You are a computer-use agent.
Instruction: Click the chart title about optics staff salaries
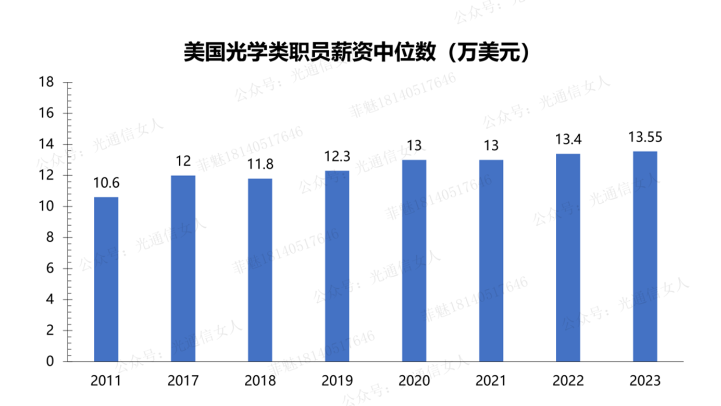coord(357,53)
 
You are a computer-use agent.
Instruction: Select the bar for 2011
coord(106,279)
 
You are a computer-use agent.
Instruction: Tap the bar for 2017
coord(183,268)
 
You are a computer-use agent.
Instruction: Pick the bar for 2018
coord(260,270)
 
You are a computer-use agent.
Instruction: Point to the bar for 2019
coord(337,266)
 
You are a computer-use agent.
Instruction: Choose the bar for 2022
coord(568,257)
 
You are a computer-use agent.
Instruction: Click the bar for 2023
coord(645,256)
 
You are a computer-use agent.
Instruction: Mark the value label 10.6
coord(106,183)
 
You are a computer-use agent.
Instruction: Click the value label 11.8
coord(260,164)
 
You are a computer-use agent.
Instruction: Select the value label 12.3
coord(337,156)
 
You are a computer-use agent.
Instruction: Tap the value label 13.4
coord(568,139)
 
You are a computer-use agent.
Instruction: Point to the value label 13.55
coord(645,137)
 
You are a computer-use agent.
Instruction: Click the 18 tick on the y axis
coord(47,82)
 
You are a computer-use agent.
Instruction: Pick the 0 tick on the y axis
coord(50,362)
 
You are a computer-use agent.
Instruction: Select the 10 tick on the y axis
coord(47,207)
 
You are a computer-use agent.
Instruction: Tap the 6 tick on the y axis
coord(50,269)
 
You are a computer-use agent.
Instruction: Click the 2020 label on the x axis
coord(414,381)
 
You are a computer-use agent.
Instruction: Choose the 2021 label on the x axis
coord(491,381)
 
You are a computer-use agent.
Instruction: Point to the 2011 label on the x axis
coord(106,381)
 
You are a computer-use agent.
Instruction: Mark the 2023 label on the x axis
coord(645,381)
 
